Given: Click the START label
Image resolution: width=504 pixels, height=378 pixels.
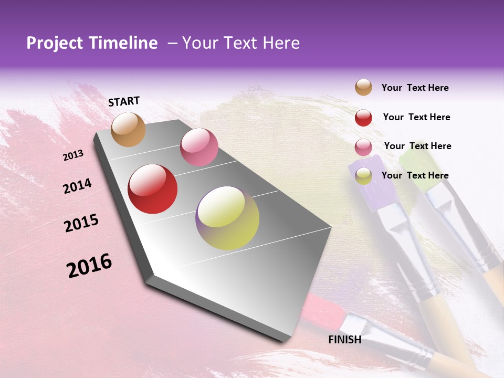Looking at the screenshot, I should click(124, 101).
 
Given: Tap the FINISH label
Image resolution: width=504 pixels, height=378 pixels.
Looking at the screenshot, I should click(344, 340).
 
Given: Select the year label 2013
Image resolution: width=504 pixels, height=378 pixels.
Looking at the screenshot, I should click(73, 155).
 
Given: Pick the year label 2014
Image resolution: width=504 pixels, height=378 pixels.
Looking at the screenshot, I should click(77, 186).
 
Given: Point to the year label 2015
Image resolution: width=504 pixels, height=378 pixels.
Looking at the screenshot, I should click(81, 223).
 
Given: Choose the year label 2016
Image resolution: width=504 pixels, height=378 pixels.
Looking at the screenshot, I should click(89, 265).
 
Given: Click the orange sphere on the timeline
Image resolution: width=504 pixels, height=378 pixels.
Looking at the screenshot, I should click(129, 129).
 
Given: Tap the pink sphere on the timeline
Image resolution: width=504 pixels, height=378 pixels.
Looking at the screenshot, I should click(199, 147).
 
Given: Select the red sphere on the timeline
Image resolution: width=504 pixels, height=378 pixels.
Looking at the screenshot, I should click(153, 189).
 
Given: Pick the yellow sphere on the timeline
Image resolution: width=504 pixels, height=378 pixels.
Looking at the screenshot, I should click(227, 218).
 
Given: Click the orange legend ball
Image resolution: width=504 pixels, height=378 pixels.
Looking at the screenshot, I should click(363, 87).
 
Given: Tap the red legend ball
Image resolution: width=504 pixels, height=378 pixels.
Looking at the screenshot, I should click(363, 118).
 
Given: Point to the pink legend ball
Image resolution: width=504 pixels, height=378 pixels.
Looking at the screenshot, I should click(363, 147).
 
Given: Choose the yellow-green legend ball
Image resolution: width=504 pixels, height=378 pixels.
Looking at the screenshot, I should click(363, 176).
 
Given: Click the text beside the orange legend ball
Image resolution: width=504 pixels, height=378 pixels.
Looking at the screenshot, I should click(415, 88).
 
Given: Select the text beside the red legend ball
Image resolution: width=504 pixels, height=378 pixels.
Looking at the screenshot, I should click(416, 117).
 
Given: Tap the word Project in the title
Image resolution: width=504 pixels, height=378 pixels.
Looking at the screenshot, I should click(55, 43).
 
